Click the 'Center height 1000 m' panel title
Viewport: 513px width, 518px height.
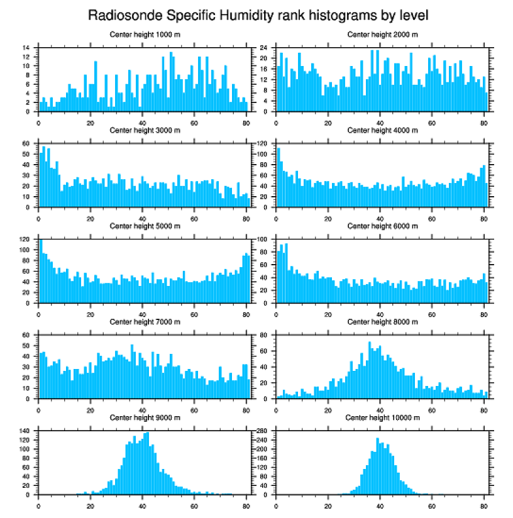pyautogui.click(x=145, y=34)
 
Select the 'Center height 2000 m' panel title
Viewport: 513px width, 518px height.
pyautogui.click(x=382, y=34)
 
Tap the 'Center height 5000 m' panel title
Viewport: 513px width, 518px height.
pyautogui.click(x=145, y=226)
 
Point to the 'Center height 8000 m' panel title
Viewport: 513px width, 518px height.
pyautogui.click(x=382, y=322)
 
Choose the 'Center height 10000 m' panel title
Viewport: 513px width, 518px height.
pyautogui.click(x=382, y=417)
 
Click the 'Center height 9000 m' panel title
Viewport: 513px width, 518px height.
pyautogui.click(x=145, y=417)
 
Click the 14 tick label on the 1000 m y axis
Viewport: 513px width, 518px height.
pyautogui.click(x=26, y=48)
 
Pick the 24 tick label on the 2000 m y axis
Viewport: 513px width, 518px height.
pyautogui.click(x=264, y=48)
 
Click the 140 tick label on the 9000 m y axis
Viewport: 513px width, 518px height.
pyautogui.click(x=25, y=431)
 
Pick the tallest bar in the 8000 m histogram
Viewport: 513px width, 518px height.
pyautogui.click(x=369, y=371)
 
